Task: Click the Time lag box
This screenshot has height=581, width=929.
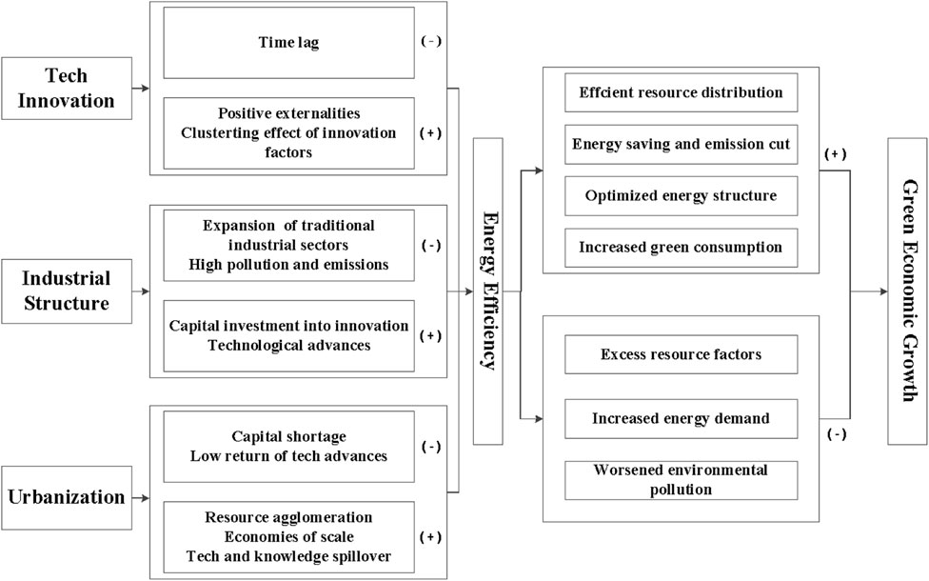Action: [x=287, y=43]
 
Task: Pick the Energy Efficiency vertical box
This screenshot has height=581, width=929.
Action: [x=495, y=291]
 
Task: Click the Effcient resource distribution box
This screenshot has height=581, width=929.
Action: [x=681, y=92]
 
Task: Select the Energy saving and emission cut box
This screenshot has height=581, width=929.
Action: [x=681, y=144]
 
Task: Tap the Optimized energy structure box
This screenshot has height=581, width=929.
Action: [x=681, y=195]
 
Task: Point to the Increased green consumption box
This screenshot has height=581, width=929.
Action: [x=681, y=247]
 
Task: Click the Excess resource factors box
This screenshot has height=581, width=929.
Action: [x=681, y=355]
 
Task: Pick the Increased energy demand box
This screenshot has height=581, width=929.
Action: [x=681, y=417]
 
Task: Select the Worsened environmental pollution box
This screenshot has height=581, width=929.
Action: [x=681, y=479]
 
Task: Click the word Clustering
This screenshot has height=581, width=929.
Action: [x=223, y=133]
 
